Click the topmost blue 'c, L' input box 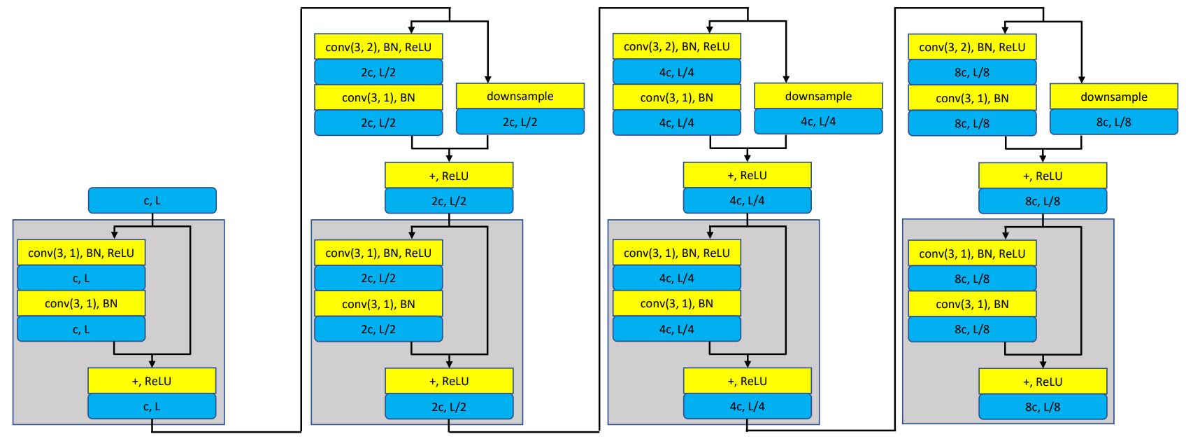(152, 200)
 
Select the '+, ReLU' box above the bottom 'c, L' (152, 381)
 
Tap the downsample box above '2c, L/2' (520, 96)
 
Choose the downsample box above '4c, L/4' (818, 96)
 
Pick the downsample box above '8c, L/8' (1113, 97)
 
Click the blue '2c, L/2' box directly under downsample (520, 122)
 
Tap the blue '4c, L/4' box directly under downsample (818, 121)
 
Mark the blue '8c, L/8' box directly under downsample (1113, 122)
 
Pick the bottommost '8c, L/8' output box (1042, 407)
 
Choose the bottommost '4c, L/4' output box (747, 406)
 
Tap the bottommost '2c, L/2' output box (449, 407)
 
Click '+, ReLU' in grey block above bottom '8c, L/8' (1042, 382)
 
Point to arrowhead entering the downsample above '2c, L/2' (487, 80)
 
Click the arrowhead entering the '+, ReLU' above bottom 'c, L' (152, 363)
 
